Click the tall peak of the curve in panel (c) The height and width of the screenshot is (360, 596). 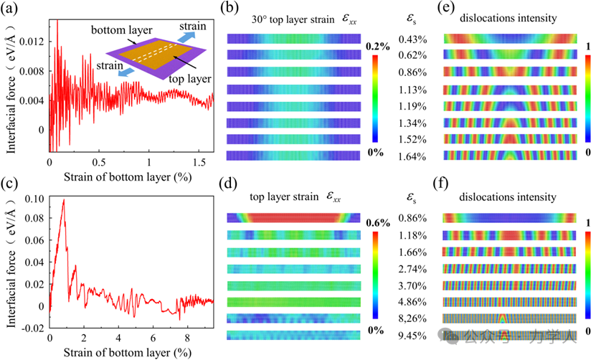coord(64,201)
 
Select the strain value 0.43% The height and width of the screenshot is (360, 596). coord(414,38)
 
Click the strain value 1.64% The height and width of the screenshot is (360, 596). coord(414,156)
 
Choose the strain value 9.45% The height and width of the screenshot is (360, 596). coord(414,335)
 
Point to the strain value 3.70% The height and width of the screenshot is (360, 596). coord(414,285)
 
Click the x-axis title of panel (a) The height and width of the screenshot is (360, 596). coord(131,176)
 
